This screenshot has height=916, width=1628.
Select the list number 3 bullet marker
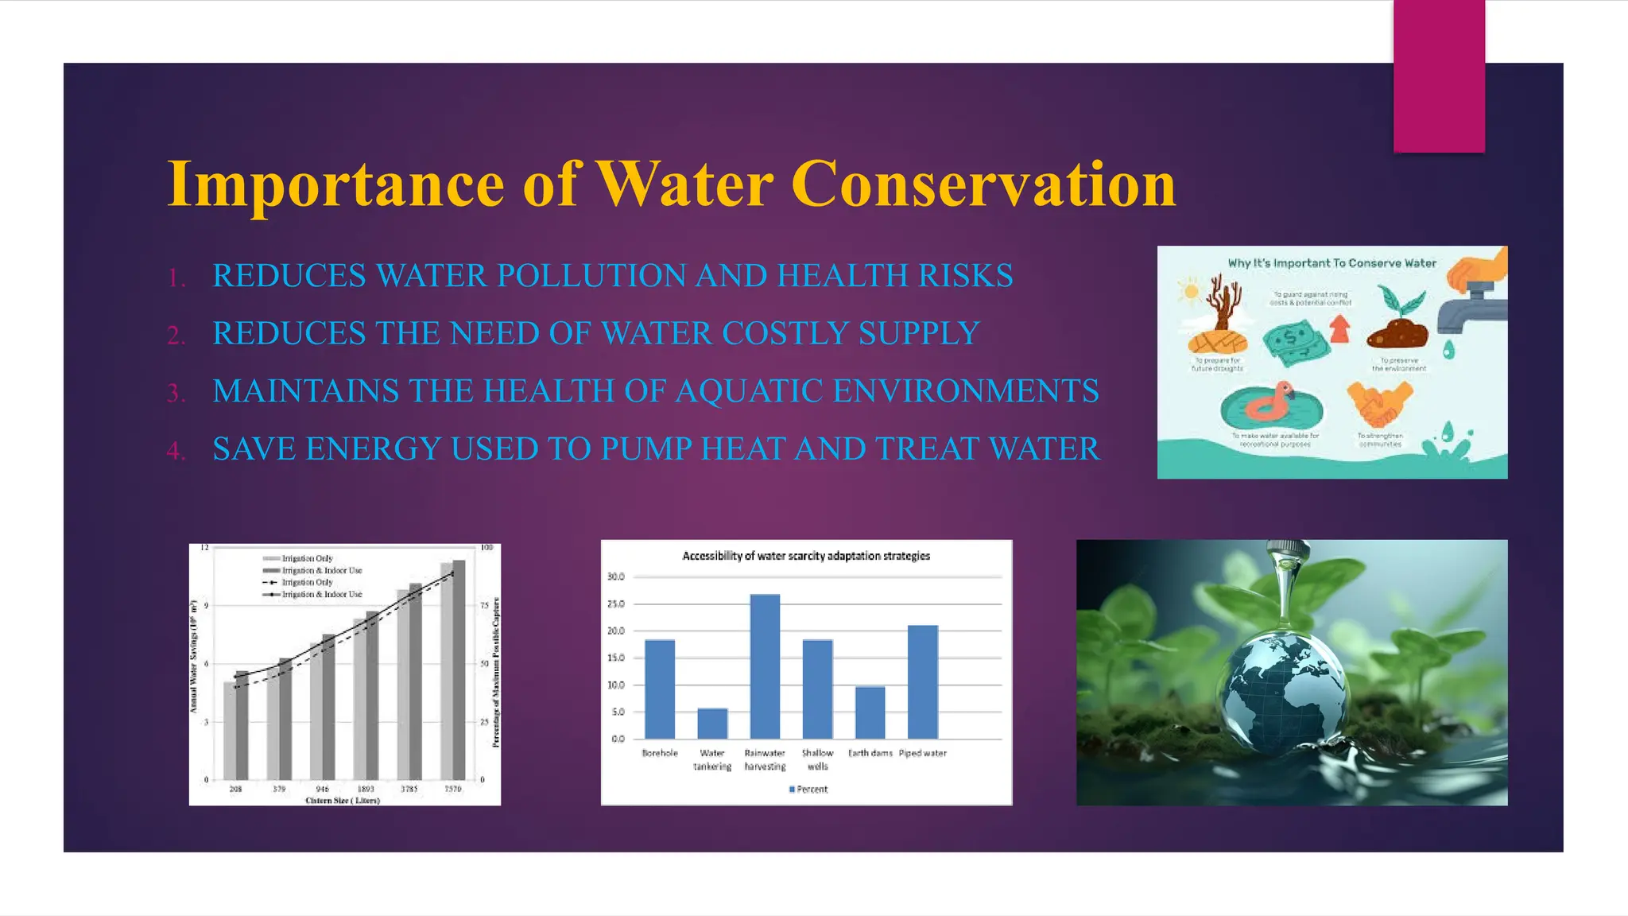click(176, 393)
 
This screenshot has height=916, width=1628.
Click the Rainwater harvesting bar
click(765, 666)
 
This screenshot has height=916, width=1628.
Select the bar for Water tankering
click(712, 724)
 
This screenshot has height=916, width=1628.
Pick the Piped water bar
click(923, 682)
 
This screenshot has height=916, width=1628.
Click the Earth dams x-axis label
click(870, 753)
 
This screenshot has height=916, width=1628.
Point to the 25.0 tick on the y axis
click(617, 604)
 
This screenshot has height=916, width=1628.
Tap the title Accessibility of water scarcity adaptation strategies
click(806, 556)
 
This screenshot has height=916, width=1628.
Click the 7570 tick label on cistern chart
click(452, 789)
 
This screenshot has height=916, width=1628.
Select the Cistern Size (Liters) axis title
click(343, 801)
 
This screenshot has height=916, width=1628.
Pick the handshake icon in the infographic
click(1380, 403)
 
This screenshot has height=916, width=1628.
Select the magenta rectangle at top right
click(1439, 76)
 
